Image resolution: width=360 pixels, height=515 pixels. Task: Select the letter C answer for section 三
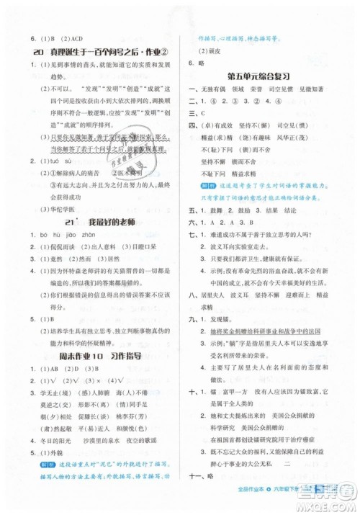coord(203,113)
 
